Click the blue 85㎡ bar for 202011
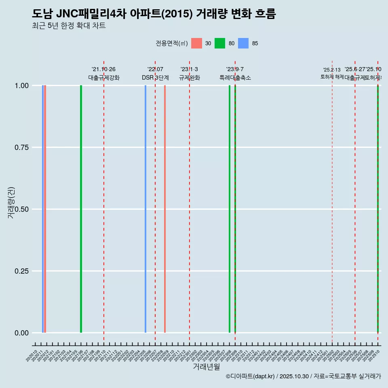pyautogui.click(x=43, y=209)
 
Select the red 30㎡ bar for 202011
pyautogui.click(x=45, y=209)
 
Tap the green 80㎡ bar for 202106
pyautogui.click(x=81, y=209)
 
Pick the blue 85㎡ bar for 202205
pyautogui.click(x=145, y=209)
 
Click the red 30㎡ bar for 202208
pyautogui.click(x=165, y=209)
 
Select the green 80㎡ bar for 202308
pyautogui.click(x=230, y=209)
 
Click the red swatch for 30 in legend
pyautogui.click(x=196, y=43)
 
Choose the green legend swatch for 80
pyautogui.click(x=220, y=43)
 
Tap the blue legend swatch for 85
pyautogui.click(x=243, y=43)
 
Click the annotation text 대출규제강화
pyautogui.click(x=104, y=78)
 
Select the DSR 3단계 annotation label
pyautogui.click(x=155, y=78)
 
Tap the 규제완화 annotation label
pyautogui.click(x=189, y=78)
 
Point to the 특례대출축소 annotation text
pyautogui.click(x=235, y=78)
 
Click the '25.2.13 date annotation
pyautogui.click(x=332, y=70)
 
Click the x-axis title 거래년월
pyautogui.click(x=206, y=367)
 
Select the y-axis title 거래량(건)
pyautogui.click(x=11, y=203)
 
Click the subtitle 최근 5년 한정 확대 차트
pyautogui.click(x=69, y=26)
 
